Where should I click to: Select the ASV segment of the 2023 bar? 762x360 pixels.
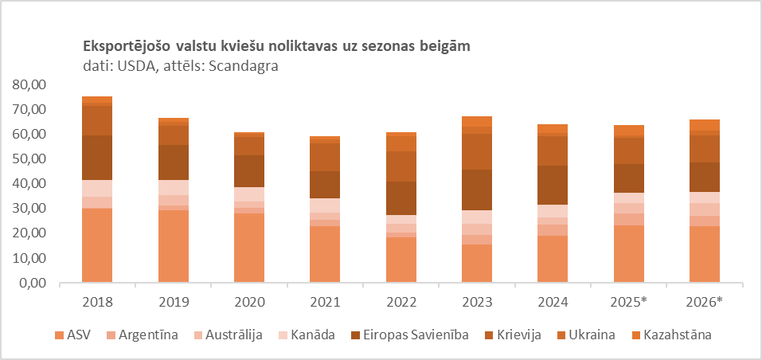click(476, 264)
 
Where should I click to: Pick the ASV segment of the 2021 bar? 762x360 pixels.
click(325, 254)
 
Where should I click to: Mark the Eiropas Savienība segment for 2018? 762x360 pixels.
click(97, 158)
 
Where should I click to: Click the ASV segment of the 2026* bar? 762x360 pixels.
click(704, 254)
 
